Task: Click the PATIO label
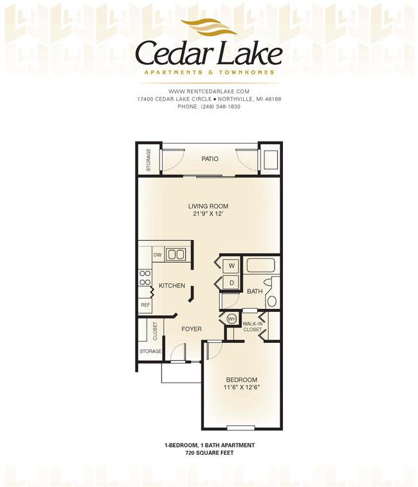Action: coord(210,159)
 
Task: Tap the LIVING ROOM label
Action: coord(208,206)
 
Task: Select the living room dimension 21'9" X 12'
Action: coord(208,214)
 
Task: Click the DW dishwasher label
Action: coord(158,255)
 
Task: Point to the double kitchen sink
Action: coord(176,255)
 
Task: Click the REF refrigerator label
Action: coord(145,305)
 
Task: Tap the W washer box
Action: coord(232,266)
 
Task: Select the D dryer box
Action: coord(232,282)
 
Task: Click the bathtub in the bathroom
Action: coord(260,265)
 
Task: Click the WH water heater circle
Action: coord(232,318)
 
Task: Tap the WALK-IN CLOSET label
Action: coord(253,326)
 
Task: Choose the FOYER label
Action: coord(191,329)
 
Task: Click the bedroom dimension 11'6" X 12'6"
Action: coord(242,387)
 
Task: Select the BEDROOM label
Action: coord(242,380)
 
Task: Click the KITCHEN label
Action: coord(172,286)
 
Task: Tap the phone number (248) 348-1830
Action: coord(221,107)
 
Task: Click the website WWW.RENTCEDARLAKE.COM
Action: coord(209,91)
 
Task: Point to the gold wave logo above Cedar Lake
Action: coord(209,27)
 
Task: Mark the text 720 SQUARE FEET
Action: coord(209,453)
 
